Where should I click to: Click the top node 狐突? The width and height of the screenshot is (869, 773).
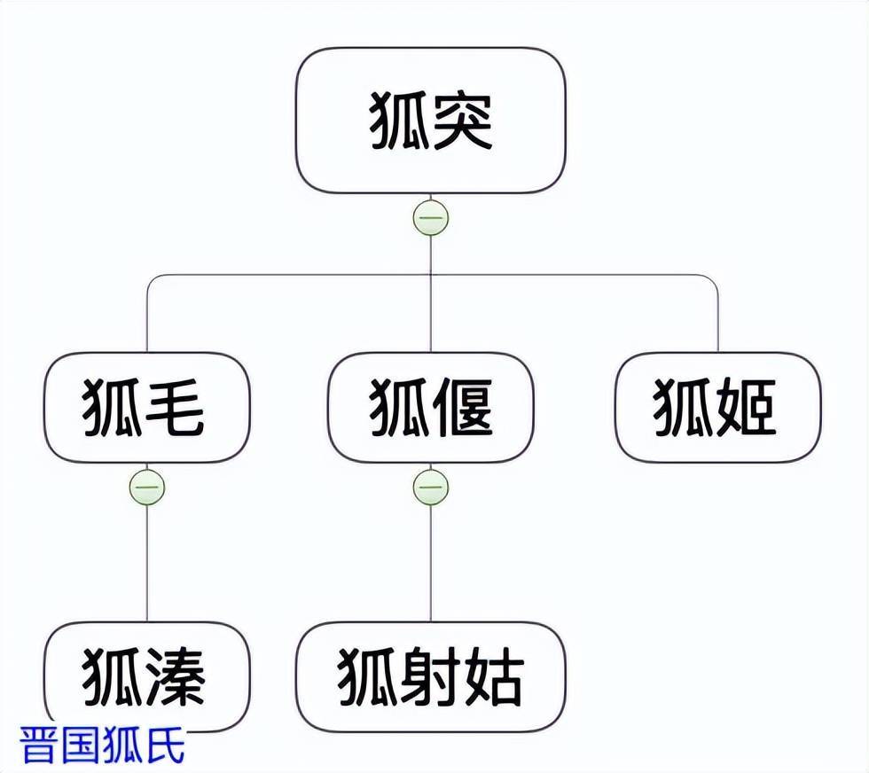point(431,121)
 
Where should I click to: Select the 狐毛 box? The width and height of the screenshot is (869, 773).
point(147,408)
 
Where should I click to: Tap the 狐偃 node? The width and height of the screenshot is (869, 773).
point(431,408)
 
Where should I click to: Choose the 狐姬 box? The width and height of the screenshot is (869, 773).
point(718,408)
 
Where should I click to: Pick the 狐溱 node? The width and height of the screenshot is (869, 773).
point(147,677)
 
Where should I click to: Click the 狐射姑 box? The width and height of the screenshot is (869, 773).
point(431,677)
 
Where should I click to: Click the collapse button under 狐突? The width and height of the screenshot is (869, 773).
point(431,218)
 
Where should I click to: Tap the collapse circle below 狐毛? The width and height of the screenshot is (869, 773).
point(147,487)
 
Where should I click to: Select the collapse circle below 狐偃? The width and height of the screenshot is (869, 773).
point(431,487)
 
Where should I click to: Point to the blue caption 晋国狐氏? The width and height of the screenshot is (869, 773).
point(103,745)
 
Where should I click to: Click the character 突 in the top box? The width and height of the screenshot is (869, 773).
point(462,121)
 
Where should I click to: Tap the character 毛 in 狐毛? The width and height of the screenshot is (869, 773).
point(177,408)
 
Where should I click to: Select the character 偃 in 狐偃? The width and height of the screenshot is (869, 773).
point(462,408)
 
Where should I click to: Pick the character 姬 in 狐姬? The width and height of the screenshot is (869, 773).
point(748,408)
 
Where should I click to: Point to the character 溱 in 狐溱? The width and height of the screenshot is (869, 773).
point(177,678)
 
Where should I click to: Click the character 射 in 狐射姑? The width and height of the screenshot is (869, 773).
point(431,678)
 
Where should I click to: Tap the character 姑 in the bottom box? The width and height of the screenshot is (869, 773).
point(492,678)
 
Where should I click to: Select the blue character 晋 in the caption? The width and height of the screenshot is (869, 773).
point(40,745)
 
